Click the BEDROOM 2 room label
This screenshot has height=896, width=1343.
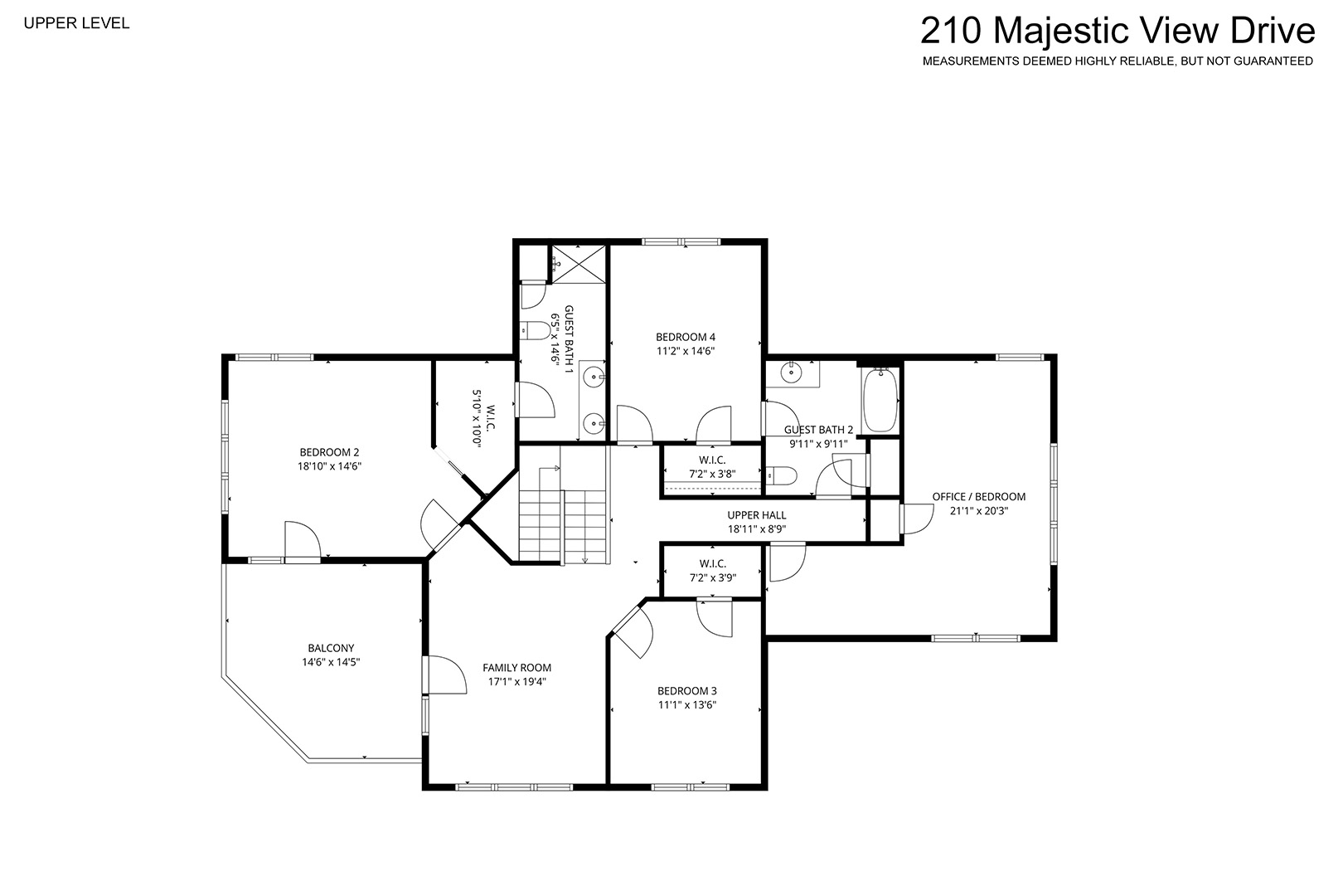point(329,452)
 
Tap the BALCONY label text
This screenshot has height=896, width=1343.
point(331,648)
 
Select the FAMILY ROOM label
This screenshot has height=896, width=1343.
point(516,668)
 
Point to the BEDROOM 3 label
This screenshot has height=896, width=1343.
point(687,691)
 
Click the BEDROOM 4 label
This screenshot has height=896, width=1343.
point(686,338)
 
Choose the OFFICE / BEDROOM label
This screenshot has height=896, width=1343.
point(979,497)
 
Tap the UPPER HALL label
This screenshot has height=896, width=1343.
point(757,515)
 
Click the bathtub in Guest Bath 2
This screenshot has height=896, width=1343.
point(880,400)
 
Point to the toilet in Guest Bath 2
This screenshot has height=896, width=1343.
point(781,476)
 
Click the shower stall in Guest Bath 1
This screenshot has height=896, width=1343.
point(579,264)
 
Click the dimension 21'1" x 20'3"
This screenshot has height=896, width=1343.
point(979,511)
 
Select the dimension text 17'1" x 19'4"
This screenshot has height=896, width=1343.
point(516,682)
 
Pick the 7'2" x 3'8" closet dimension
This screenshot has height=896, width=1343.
point(712,474)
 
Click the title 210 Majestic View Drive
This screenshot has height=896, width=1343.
point(1118,31)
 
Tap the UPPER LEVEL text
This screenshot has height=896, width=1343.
point(77,23)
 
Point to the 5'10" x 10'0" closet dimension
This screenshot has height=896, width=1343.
point(477,419)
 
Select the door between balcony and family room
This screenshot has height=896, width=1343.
point(444,675)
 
